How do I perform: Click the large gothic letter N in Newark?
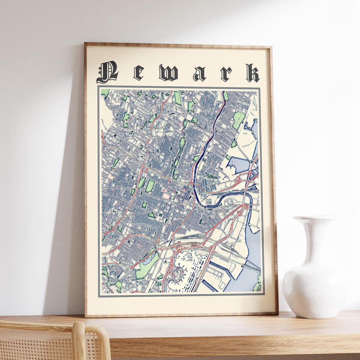tap(107, 72)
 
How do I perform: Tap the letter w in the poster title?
tap(168, 73)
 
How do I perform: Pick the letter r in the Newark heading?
tap(226, 74)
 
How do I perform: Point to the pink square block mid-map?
tap(166, 196)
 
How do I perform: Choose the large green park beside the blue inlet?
tap(239, 120)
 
